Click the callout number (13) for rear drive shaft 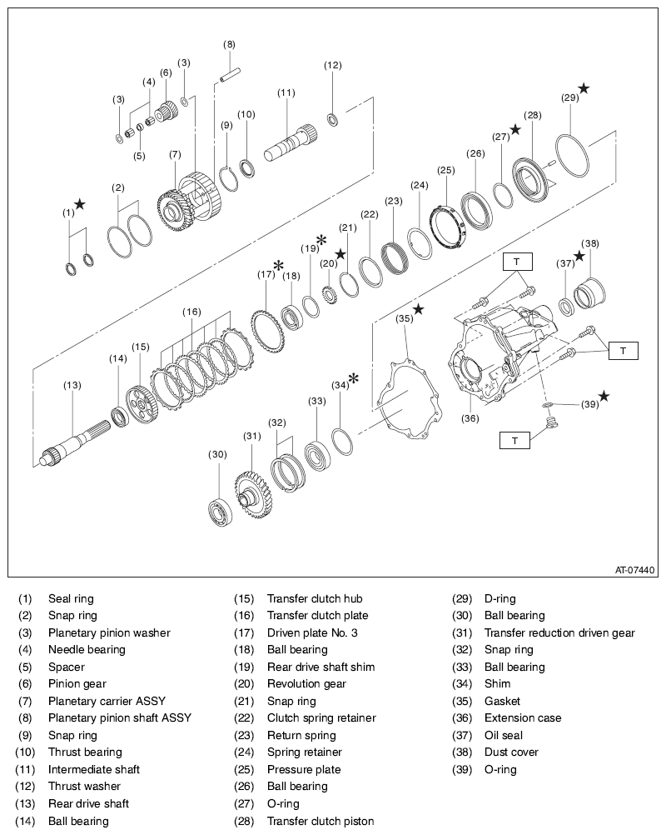(x=72, y=385)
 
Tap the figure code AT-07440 (x=634, y=571)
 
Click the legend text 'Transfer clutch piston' (x=320, y=821)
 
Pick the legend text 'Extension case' (x=522, y=717)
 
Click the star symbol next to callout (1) (x=79, y=204)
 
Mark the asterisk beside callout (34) (x=354, y=378)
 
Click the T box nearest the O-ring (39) (x=514, y=440)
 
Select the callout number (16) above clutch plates (x=192, y=312)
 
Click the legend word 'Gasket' (x=502, y=701)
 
